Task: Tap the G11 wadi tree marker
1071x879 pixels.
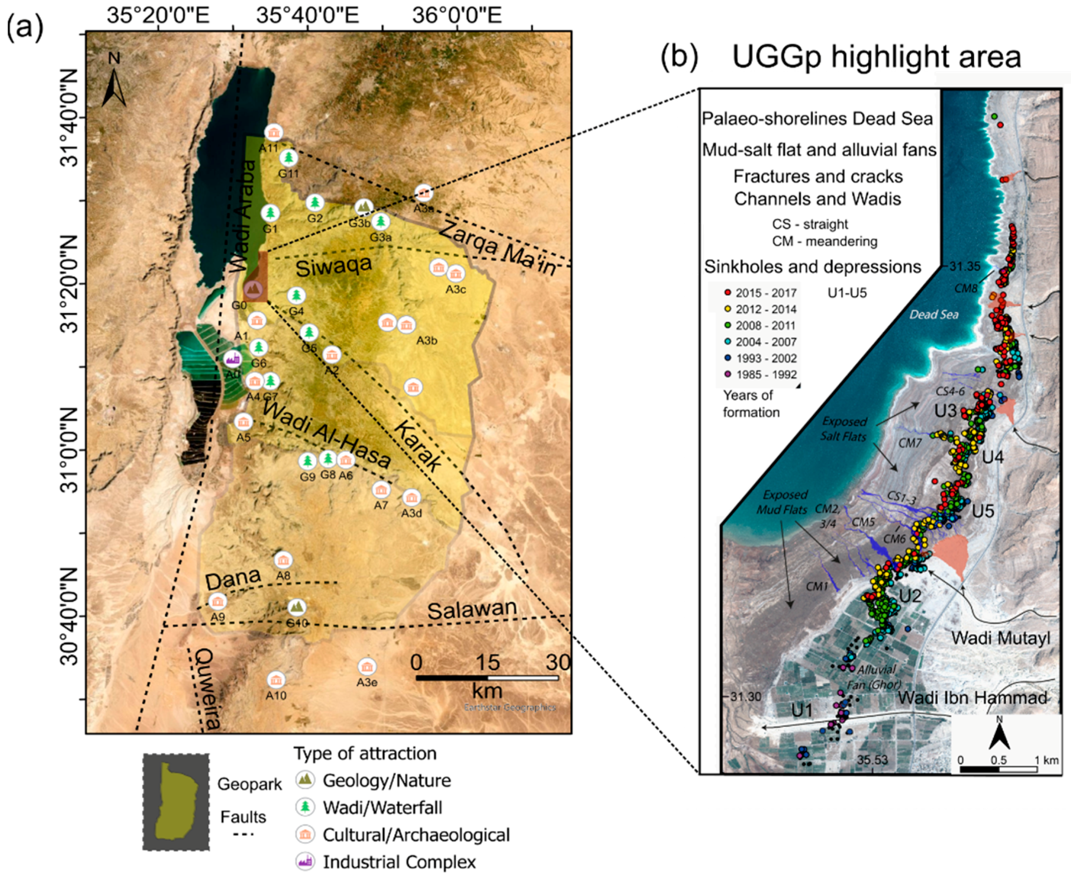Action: coord(289,158)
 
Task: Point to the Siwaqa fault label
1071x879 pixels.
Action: coord(333,265)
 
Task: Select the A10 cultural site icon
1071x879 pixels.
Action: coord(276,679)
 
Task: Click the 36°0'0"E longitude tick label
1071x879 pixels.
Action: coord(457,15)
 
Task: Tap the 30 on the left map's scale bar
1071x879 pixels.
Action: coord(559,662)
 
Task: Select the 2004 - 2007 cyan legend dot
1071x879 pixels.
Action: coord(728,342)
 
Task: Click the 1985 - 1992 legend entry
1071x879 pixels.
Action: coord(760,375)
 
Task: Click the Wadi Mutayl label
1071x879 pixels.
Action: coord(1000,638)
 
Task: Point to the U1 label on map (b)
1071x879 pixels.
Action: coord(802,711)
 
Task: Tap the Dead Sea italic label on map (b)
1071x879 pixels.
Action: coord(934,315)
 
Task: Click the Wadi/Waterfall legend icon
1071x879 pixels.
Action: coord(305,807)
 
